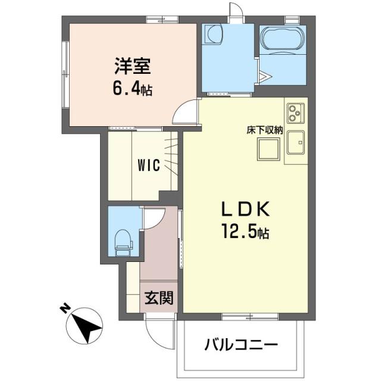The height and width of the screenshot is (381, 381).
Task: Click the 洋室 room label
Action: tap(130, 64)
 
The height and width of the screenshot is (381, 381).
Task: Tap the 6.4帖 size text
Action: tap(132, 89)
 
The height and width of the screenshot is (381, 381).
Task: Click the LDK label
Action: tap(246, 209)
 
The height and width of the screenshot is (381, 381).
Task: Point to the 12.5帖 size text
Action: tap(246, 232)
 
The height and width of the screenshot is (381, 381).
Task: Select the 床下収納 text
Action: tap(265, 130)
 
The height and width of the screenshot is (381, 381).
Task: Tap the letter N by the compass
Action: tap(64, 308)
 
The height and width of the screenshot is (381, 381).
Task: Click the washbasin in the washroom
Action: tap(211, 35)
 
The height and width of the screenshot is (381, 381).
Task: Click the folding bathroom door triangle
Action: tap(266, 77)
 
